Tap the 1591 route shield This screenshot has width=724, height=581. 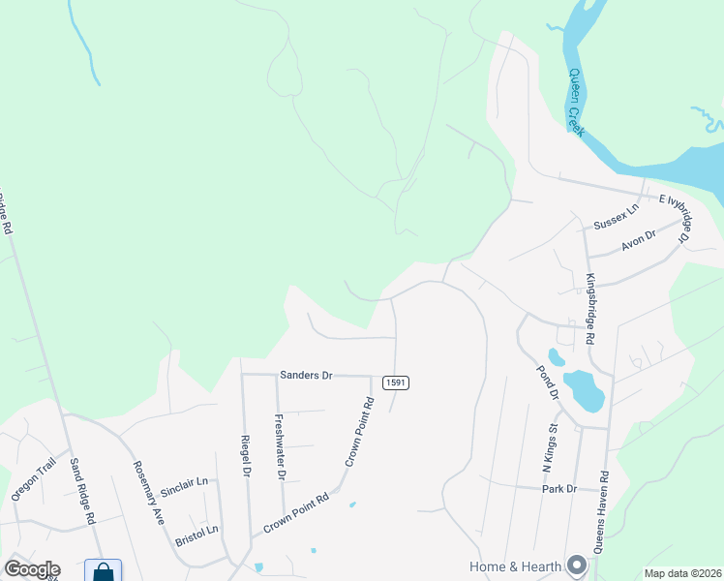coord(395,382)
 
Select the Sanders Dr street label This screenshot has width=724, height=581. coord(306,374)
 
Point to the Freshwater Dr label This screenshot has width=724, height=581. coord(279,447)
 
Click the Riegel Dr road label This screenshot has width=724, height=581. coord(246,454)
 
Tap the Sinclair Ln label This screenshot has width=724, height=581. coord(184,481)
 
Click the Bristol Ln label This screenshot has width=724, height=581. coord(196,530)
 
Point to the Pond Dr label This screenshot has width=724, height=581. coord(547,382)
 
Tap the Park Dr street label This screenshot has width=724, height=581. coord(559,489)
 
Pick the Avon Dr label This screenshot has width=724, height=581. coord(640,240)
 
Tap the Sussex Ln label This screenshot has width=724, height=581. coord(617,215)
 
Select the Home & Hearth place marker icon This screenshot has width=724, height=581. coord(578,564)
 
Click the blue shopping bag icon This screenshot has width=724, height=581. coord(103,571)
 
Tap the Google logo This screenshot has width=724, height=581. coord(32,569)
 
